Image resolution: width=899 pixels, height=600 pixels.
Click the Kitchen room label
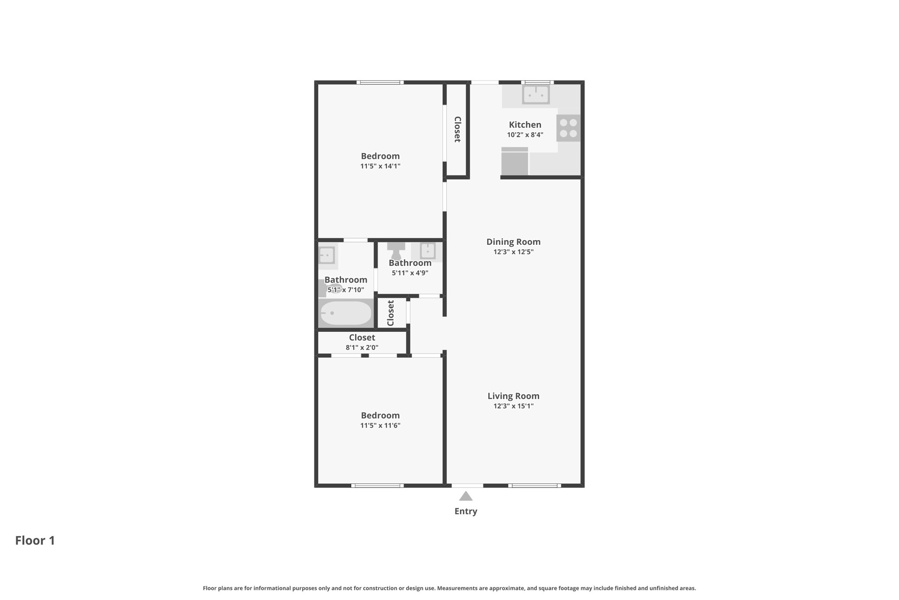point(525,125)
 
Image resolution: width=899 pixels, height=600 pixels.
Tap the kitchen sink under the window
point(536,94)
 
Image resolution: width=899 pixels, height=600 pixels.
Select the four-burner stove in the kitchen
point(568,128)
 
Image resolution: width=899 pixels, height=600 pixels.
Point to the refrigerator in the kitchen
point(514,161)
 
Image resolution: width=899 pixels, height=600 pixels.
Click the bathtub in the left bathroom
point(346,313)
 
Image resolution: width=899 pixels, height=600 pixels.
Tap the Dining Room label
point(513,242)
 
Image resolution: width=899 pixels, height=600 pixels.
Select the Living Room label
point(513,396)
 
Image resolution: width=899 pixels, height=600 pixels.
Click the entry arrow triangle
point(466,496)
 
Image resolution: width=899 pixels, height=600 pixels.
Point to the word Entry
point(466,511)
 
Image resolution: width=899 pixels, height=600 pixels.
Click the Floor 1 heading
point(35,540)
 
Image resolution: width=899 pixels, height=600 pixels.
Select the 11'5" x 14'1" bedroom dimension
point(380,166)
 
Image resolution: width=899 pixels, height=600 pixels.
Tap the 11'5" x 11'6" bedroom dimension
point(380,425)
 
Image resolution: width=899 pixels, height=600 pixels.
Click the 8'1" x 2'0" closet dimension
point(362,348)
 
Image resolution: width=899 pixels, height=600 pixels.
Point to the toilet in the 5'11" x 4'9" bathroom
point(396,251)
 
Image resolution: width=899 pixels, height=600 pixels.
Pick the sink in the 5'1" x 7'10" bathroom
point(327,255)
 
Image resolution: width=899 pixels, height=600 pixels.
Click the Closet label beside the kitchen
point(457,129)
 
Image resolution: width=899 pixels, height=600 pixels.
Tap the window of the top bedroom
point(380,82)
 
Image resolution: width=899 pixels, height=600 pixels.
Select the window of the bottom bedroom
point(378,486)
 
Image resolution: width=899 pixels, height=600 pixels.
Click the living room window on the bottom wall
point(535,486)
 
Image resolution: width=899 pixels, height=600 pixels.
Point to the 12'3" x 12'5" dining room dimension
point(513,252)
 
